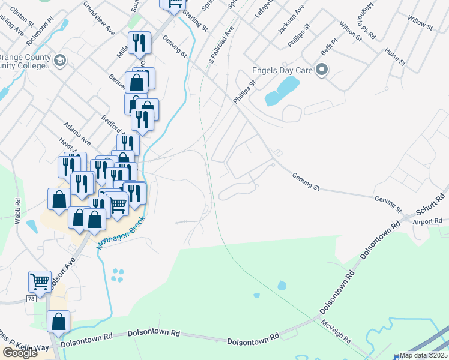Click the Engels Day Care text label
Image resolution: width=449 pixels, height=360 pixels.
click(x=282, y=71)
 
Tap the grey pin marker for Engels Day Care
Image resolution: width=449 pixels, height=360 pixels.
click(x=322, y=71)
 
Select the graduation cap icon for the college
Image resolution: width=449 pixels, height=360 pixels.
click(x=60, y=61)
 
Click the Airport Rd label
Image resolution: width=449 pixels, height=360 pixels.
click(x=427, y=221)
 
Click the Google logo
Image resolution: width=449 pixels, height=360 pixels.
click(x=20, y=353)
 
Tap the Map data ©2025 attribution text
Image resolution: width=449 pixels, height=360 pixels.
click(x=423, y=355)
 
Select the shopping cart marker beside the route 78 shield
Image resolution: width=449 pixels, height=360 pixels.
click(x=40, y=280)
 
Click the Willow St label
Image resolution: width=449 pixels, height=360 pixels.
click(x=420, y=25)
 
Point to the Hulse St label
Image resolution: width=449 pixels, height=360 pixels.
click(x=396, y=57)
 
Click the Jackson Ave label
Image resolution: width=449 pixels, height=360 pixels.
click(x=291, y=19)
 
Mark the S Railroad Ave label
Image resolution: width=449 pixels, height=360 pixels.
click(x=221, y=45)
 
